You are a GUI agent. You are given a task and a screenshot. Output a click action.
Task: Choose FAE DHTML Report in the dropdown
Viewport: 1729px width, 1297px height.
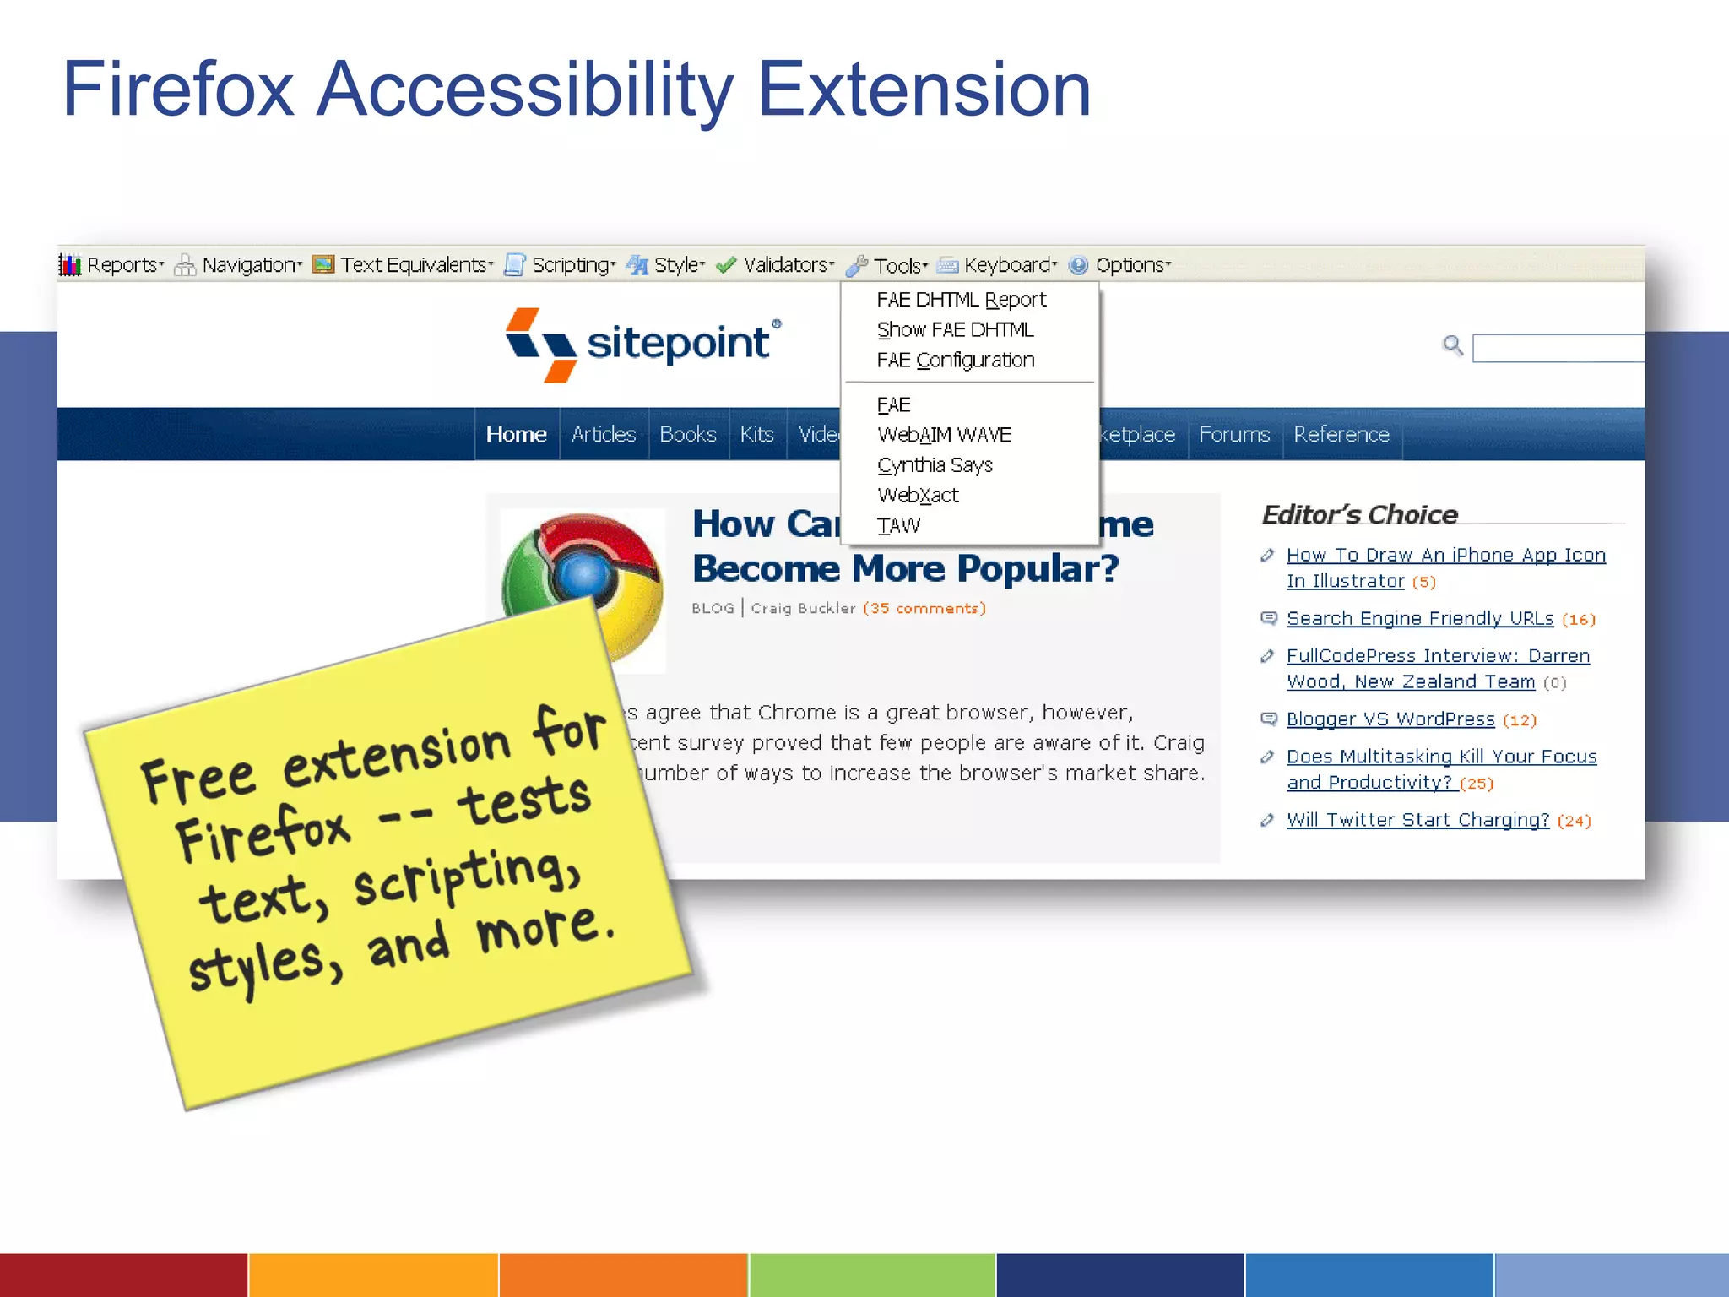click(961, 300)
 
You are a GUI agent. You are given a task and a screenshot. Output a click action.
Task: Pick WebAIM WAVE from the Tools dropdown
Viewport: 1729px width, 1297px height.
click(944, 435)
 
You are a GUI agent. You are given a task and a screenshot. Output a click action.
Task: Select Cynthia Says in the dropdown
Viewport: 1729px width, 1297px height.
click(935, 465)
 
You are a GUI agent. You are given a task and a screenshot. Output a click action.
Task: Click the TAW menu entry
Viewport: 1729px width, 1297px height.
click(898, 526)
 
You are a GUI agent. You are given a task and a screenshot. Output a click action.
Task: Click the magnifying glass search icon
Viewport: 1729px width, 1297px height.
click(1452, 345)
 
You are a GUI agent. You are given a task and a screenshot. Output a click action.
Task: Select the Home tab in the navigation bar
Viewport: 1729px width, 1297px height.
click(516, 434)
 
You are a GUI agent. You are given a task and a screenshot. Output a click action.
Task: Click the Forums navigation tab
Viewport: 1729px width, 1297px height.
click(1233, 434)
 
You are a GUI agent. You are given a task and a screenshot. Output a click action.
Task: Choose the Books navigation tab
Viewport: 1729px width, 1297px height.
click(687, 434)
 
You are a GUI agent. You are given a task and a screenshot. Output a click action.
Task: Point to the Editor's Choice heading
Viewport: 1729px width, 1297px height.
click(1359, 514)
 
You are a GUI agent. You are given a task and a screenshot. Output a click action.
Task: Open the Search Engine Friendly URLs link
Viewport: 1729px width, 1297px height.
click(1419, 618)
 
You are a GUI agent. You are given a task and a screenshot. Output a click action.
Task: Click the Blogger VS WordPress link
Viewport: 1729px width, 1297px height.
click(1390, 719)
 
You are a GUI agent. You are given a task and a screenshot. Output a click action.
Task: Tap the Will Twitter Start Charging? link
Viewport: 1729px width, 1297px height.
click(1417, 819)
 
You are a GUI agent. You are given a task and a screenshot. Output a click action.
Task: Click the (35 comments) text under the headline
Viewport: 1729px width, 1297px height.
click(924, 608)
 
